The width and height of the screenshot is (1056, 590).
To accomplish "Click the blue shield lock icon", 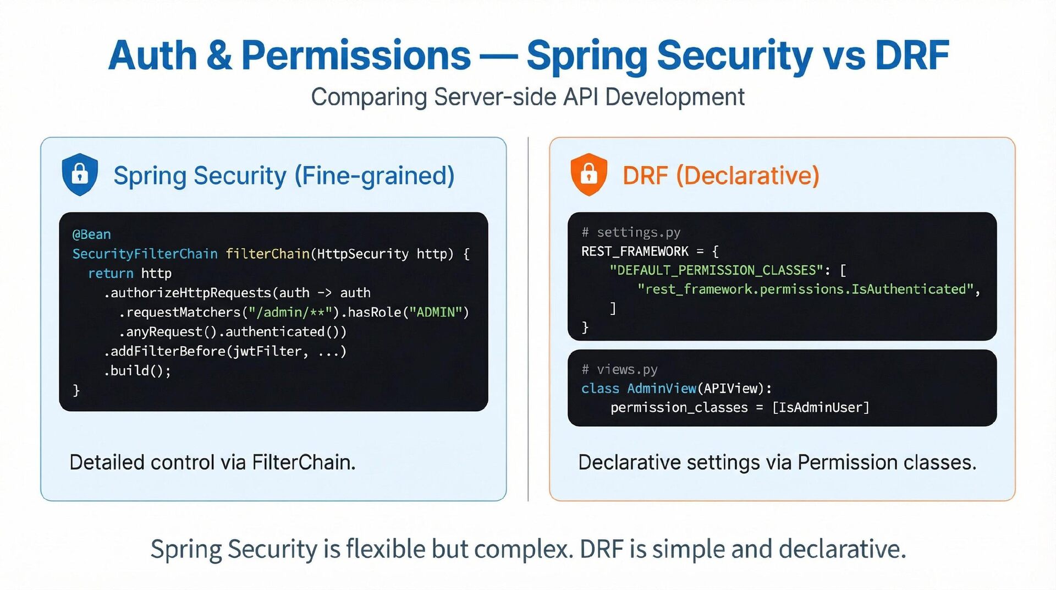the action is click(80, 174).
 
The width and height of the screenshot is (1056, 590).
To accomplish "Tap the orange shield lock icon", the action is click(588, 174).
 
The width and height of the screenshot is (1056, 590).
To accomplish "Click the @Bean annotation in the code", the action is click(91, 234).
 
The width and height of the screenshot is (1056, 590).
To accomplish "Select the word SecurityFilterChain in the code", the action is click(145, 254).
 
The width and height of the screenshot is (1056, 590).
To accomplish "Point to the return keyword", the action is click(111, 274).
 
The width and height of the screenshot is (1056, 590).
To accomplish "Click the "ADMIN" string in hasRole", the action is click(435, 313).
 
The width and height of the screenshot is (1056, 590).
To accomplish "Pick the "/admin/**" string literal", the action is click(290, 313).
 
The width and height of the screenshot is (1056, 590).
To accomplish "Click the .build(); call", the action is click(137, 371).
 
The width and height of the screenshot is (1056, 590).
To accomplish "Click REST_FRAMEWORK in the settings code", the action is click(635, 252).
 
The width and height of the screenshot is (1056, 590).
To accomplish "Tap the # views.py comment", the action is click(619, 369).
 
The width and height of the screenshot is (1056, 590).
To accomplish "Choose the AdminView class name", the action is click(661, 389).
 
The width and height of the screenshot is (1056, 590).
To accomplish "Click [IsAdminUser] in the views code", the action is click(821, 408).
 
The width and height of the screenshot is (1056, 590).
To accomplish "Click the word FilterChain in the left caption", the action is click(303, 462).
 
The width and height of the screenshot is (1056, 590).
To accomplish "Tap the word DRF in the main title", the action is click(911, 56).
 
